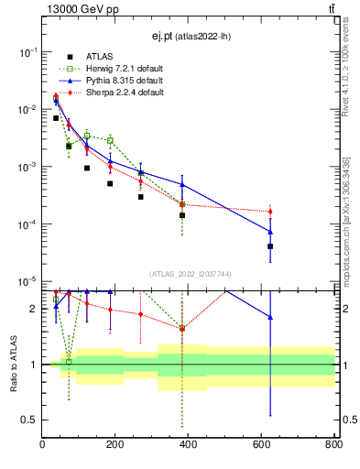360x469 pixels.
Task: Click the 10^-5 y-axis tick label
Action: click(26, 281)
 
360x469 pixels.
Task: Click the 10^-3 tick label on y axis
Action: click(26, 167)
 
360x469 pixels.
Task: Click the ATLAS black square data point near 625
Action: click(270, 246)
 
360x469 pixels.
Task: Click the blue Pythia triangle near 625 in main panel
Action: click(270, 231)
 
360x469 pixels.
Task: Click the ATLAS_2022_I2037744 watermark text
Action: click(188, 274)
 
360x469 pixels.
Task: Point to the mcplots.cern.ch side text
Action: click(345, 220)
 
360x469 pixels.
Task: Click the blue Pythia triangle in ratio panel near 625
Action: click(270, 317)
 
